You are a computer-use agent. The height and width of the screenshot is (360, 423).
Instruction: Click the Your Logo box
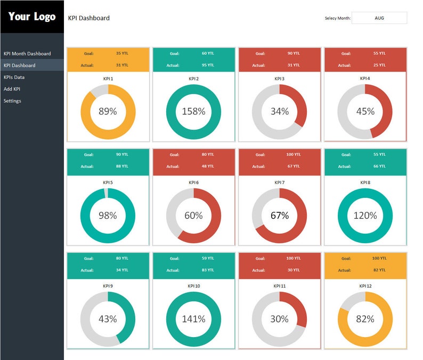point(32,17)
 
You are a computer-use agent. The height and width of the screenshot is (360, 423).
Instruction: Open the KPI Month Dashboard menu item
point(27,53)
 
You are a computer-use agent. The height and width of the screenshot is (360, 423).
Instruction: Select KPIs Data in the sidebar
point(14,77)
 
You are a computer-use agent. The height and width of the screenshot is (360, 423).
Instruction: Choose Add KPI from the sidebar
point(12,89)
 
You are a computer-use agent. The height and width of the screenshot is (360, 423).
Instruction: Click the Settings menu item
point(12,101)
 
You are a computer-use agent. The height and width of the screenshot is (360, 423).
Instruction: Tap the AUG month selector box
point(379,18)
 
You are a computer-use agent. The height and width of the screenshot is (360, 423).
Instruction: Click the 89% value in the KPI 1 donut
point(108,111)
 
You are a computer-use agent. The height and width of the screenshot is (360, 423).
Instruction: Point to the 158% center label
point(193,111)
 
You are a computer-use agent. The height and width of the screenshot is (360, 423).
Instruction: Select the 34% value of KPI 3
point(279,111)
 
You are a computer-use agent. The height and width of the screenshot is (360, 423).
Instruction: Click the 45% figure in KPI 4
point(365,111)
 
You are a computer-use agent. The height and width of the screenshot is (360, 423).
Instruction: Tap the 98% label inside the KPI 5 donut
point(108,215)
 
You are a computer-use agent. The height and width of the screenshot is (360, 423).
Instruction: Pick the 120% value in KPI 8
point(365,215)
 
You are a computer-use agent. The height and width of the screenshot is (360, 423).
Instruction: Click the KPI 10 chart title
point(194,286)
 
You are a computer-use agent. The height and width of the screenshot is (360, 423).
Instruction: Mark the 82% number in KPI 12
point(365,319)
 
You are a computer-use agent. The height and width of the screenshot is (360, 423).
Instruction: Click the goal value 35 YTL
point(122,53)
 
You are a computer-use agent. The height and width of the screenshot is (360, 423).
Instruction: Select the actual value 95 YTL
point(208,65)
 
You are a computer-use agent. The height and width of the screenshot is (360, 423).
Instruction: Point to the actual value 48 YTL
point(208,166)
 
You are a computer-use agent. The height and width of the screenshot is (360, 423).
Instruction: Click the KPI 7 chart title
point(280,182)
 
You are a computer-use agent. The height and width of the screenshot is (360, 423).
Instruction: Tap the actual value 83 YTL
point(208,270)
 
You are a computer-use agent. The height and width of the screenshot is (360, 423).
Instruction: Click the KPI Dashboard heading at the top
point(89,18)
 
